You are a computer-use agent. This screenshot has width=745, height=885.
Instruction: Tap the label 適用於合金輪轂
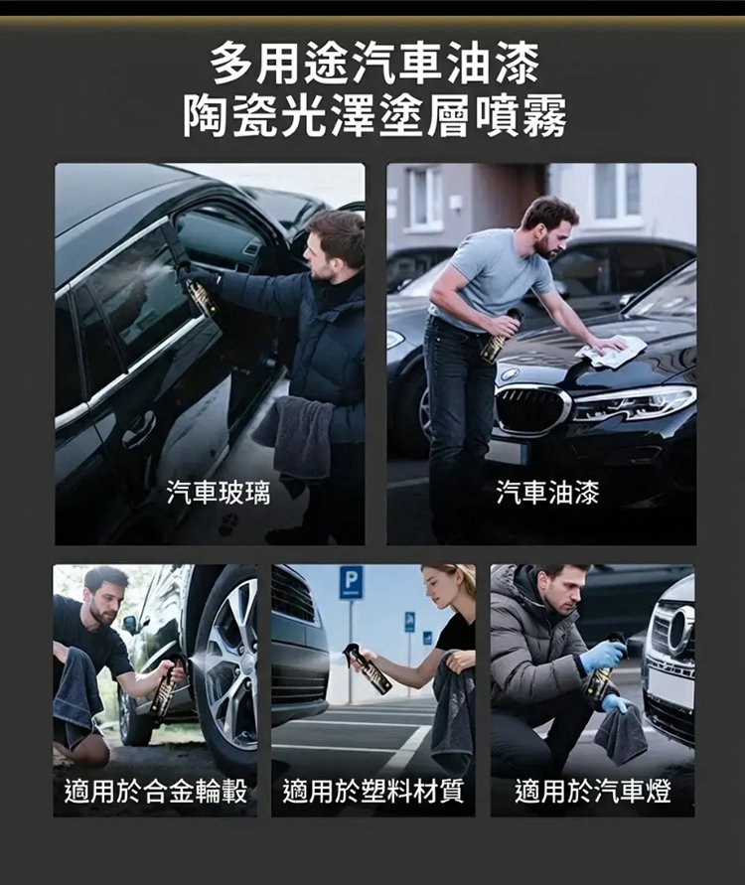155,792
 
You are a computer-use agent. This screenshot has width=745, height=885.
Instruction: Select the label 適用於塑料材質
372,792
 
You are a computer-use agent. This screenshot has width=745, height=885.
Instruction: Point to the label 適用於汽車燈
592,792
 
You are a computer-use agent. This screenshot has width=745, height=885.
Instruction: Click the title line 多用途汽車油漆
374,67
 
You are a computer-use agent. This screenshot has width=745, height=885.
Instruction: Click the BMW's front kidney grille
531,408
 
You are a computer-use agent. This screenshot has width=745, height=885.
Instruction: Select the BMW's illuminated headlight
633,402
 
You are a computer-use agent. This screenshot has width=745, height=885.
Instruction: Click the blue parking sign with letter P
351,582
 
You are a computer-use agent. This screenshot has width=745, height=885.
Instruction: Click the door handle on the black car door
139,429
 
